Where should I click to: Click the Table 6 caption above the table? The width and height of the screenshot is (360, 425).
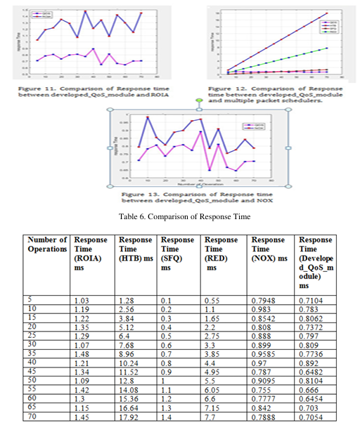(x=179, y=216)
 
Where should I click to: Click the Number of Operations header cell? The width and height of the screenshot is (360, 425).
(x=48, y=244)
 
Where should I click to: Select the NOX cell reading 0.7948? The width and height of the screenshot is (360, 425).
(x=264, y=300)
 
